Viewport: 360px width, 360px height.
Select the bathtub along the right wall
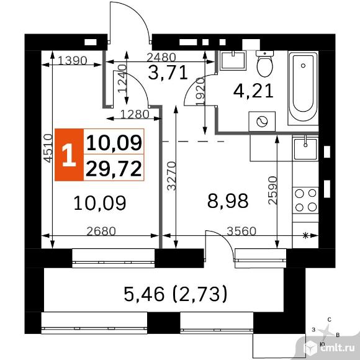303,88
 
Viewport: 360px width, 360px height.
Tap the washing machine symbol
262,122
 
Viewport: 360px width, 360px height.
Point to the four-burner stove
305,200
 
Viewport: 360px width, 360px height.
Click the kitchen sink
305,149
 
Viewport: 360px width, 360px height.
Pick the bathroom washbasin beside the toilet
233,60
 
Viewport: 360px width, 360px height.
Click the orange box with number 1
69,155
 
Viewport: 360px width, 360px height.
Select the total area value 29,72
114,169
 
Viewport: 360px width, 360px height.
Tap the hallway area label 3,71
168,73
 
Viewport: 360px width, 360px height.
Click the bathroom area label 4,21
253,91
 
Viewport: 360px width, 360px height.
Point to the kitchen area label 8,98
228,200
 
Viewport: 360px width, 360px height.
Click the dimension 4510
48,148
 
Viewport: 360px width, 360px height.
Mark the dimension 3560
241,231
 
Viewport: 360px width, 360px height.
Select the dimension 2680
101,232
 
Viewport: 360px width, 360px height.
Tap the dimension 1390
73,61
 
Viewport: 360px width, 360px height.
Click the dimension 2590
272,191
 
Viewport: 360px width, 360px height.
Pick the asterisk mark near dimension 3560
305,235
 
